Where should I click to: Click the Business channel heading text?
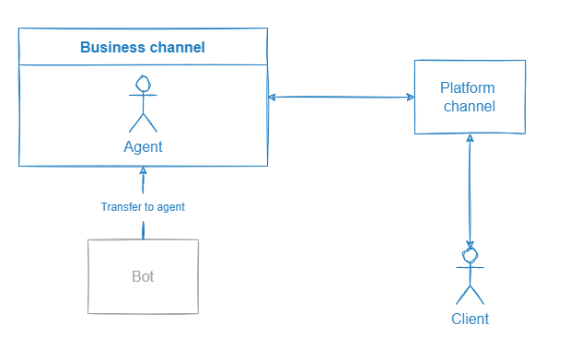tap(143, 47)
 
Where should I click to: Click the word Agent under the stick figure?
tap(143, 146)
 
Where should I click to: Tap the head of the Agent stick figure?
tap(143, 84)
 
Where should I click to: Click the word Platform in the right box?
tap(468, 88)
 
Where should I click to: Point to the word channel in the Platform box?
tap(470, 106)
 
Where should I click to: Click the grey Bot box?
tap(143, 276)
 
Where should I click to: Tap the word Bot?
tap(143, 276)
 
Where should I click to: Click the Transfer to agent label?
tap(143, 207)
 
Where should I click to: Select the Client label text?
tap(470, 319)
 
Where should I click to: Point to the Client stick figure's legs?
tap(471, 295)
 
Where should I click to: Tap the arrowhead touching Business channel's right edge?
tap(272, 97)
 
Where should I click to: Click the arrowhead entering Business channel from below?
tap(143, 171)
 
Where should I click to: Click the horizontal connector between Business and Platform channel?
tap(341, 97)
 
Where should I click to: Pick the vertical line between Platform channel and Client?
tap(471, 193)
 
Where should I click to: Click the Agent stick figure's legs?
tap(143, 122)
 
